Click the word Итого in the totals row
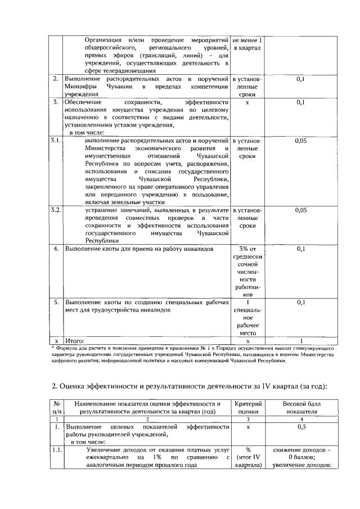75,341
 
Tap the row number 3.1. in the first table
55,139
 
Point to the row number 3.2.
55,210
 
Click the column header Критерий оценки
247,407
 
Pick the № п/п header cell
56,407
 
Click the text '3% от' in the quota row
247,248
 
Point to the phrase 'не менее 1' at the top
247,40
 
